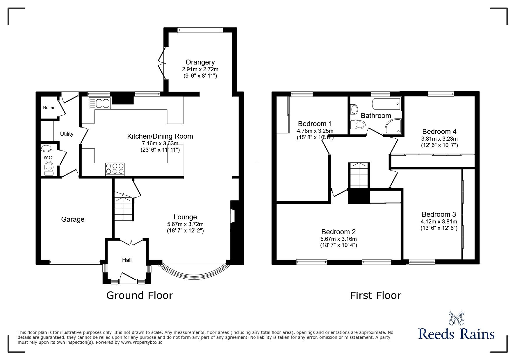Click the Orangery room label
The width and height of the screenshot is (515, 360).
[x=200, y=62]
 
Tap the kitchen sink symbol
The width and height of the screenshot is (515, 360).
[x=99, y=104]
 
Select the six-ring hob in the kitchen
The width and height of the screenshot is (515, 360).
[x=115, y=169]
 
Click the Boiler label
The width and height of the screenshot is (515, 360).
[x=49, y=108]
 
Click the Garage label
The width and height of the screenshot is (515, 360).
[x=73, y=219]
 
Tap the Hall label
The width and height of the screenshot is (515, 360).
[x=127, y=260]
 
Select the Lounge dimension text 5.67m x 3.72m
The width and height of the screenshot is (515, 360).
[x=185, y=224]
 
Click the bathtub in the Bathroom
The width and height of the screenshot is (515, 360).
[x=386, y=104]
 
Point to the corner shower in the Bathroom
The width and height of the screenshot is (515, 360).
[x=393, y=127]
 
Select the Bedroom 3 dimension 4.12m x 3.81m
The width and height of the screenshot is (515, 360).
[x=439, y=221]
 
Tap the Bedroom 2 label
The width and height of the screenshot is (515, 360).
[x=338, y=232]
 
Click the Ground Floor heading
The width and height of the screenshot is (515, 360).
[x=140, y=295]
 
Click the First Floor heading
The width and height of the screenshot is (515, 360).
[x=375, y=295]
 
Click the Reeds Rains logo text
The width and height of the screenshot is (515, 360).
[x=456, y=334]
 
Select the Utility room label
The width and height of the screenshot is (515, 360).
[x=67, y=134]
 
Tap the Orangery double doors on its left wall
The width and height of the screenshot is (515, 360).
[x=162, y=62]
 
